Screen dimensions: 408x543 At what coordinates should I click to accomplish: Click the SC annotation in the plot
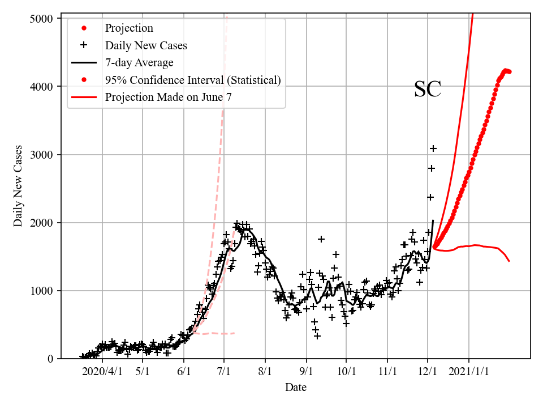tap(427, 90)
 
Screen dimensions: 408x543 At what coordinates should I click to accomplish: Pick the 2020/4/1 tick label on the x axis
tap(102, 371)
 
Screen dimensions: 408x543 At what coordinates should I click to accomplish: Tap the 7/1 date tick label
tap(224, 371)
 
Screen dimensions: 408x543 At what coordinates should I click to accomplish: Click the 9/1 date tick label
tap(306, 371)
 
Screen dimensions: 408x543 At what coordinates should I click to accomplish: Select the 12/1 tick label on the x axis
tap(428, 371)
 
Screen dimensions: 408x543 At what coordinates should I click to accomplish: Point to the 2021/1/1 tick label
tap(469, 371)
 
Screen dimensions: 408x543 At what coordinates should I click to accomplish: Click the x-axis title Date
tap(296, 388)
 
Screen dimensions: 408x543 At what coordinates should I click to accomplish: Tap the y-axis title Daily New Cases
tap(19, 186)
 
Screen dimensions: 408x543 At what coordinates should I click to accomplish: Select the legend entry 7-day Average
tap(139, 62)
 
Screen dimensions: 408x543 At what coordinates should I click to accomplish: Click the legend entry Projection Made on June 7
tap(168, 97)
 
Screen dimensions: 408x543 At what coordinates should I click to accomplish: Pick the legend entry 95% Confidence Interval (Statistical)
tap(192, 80)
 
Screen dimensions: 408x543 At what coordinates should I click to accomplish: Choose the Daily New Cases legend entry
tap(145, 45)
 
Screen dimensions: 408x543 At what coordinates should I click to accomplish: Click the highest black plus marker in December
tap(433, 148)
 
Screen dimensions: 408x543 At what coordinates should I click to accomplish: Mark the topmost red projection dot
tap(505, 70)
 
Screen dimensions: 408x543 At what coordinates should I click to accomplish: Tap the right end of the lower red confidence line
tap(509, 261)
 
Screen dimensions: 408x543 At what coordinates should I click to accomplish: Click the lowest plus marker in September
tap(317, 336)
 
